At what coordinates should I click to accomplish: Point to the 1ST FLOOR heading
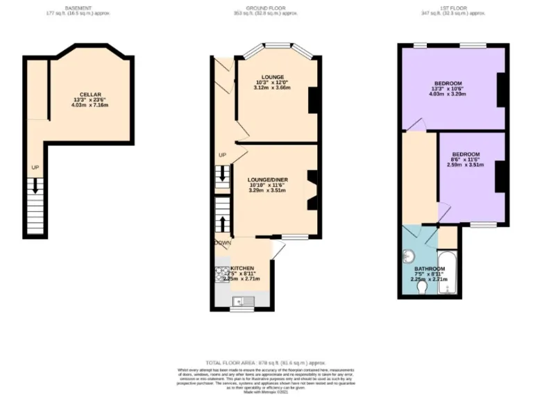pos(455,8)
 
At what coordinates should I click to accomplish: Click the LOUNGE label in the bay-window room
pos(272,76)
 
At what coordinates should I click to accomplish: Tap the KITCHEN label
pos(242,268)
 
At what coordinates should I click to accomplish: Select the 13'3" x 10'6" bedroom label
pos(447,83)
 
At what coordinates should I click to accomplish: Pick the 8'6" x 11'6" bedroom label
pos(466,154)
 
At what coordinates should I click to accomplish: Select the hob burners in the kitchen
pos(221,272)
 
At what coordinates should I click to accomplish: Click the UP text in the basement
pos(34,167)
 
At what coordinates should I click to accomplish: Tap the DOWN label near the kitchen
pos(223,243)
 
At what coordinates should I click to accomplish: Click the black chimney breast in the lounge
pos(313,100)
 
